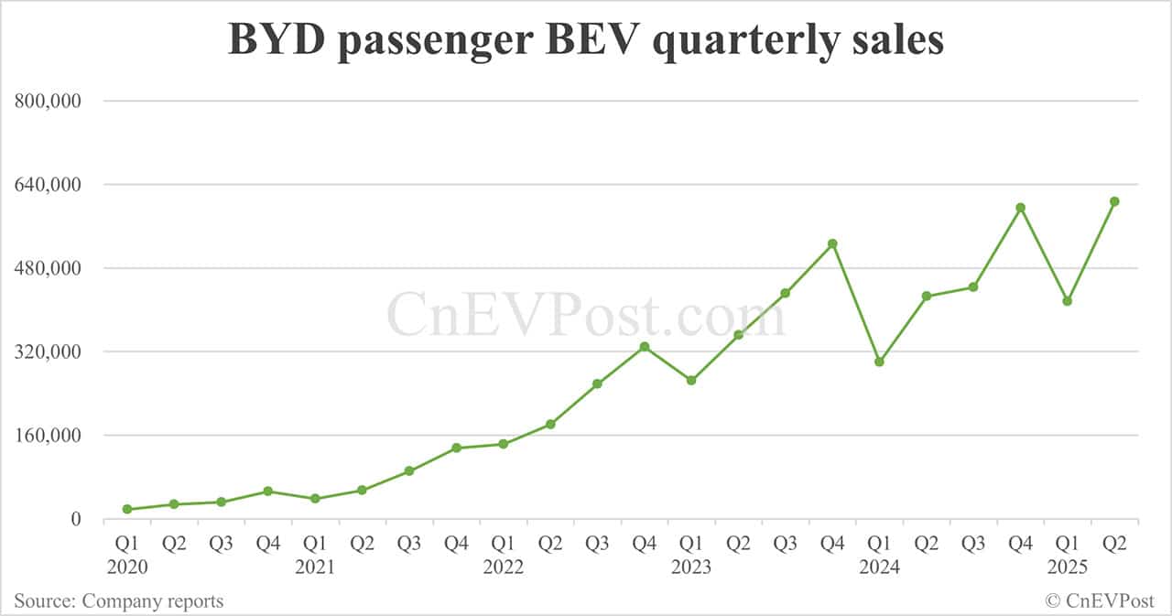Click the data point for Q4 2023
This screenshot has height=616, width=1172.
pyautogui.click(x=832, y=243)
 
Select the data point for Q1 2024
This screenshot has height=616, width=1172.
pyautogui.click(x=879, y=362)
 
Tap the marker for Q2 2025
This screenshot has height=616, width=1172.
pyautogui.click(x=1114, y=201)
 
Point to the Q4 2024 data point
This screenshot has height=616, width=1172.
pyautogui.click(x=1020, y=208)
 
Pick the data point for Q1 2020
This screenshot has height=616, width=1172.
pyautogui.click(x=127, y=509)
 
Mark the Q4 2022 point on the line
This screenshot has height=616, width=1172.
pyautogui.click(x=645, y=347)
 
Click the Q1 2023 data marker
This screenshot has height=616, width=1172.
pyautogui.click(x=691, y=380)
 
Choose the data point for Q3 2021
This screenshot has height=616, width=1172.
pyautogui.click(x=409, y=471)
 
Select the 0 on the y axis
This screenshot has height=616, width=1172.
pyautogui.click(x=76, y=520)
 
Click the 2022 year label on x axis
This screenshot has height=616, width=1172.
pyautogui.click(x=504, y=567)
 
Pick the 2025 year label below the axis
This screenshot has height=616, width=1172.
pyautogui.click(x=1067, y=567)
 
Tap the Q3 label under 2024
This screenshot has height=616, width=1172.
pyautogui.click(x=973, y=544)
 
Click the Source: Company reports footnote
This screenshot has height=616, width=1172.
pyautogui.click(x=119, y=601)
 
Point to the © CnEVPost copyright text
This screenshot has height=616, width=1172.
pyautogui.click(x=1100, y=601)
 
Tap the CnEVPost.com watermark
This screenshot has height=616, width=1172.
pyautogui.click(x=586, y=314)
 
